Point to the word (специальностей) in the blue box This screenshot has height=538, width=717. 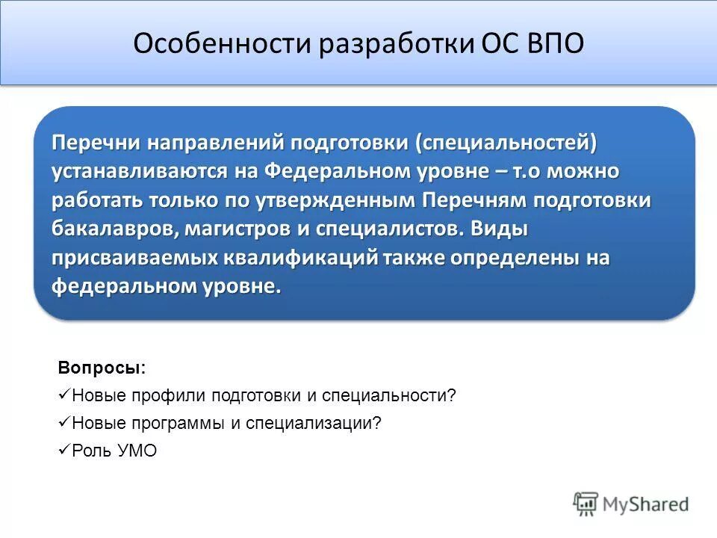click(507, 143)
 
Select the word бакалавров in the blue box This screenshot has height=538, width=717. click(113, 228)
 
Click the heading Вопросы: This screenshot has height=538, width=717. click(102, 368)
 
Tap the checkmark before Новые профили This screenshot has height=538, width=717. click(63, 395)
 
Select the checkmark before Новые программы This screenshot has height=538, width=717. click(63, 422)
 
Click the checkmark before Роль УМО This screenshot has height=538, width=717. click(63, 451)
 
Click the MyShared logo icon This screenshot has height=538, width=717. click(586, 504)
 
